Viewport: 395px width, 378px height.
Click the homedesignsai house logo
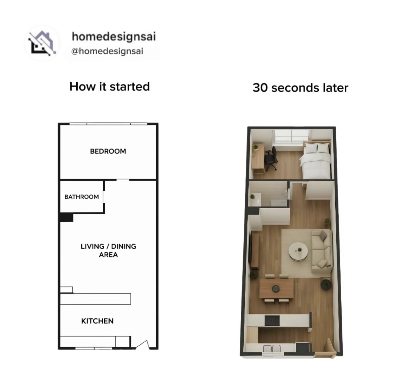(x=42, y=43)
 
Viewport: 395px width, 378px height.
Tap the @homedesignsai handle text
(x=107, y=51)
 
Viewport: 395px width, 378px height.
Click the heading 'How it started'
(x=110, y=87)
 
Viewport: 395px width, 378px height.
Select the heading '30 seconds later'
(x=300, y=88)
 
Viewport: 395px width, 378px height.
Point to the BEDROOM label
(x=108, y=151)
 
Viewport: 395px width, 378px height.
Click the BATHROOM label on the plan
(x=82, y=197)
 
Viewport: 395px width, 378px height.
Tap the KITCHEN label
(x=97, y=321)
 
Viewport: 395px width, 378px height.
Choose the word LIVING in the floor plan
(x=93, y=246)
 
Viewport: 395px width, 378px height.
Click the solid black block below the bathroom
(x=67, y=217)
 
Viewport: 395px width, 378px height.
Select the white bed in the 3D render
(x=316, y=160)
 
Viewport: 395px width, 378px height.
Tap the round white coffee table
(x=298, y=252)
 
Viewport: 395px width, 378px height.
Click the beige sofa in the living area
(x=322, y=251)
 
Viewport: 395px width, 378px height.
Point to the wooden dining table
(x=276, y=288)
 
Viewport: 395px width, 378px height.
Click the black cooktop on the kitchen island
(x=272, y=321)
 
